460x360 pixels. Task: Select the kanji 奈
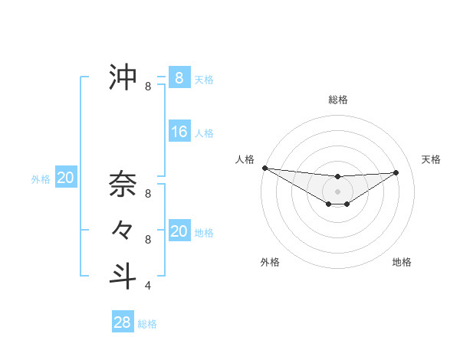(123, 185)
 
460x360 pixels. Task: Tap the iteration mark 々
(123, 229)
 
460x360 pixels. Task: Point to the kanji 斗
(123, 275)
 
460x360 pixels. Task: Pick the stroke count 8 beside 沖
(148, 87)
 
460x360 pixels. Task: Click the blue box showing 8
(179, 77)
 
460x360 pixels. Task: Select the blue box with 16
(179, 132)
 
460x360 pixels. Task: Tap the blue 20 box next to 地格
(179, 231)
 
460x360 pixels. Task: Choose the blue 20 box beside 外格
(66, 178)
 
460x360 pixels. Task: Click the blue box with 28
(123, 322)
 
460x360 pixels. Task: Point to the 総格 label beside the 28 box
(147, 324)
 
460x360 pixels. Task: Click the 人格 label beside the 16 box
(204, 133)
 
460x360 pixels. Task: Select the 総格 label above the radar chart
(337, 100)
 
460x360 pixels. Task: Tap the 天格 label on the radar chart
(432, 159)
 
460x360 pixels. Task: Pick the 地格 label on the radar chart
(402, 262)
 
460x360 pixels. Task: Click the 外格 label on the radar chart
(270, 262)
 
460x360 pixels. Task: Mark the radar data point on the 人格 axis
(264, 168)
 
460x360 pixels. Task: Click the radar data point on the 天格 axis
(396, 172)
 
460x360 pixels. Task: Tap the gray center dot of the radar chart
(337, 191)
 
